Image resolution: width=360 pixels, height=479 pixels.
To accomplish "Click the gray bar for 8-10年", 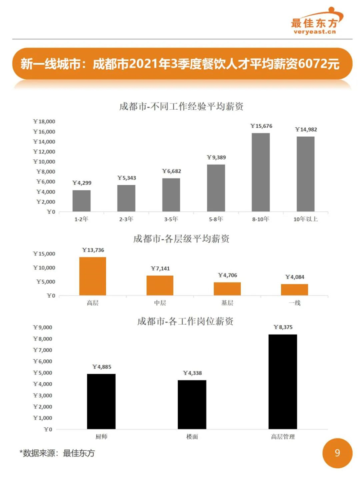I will tap(261, 172).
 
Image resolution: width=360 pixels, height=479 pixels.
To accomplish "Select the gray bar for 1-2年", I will tap(81, 201).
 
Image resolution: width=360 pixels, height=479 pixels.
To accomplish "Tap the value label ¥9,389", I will tap(216, 157).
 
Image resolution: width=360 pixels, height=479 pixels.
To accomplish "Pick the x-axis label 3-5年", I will tap(171, 219).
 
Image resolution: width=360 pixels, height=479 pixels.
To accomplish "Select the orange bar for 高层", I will tap(93, 276).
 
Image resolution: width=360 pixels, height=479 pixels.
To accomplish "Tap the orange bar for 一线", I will tap(294, 290).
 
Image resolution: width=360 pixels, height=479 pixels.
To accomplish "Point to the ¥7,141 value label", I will tap(160, 269).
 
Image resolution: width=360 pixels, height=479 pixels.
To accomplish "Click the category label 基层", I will tap(227, 303).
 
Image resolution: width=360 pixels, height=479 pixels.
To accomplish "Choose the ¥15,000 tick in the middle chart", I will tap(44, 254).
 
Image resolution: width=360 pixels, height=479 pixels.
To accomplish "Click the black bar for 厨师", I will tap(101, 401).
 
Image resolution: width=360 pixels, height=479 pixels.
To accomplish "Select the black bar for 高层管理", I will tap(283, 382).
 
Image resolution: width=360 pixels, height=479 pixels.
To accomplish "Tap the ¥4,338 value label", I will tap(192, 373).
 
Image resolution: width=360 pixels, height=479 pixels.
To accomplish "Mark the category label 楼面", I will tap(192, 437).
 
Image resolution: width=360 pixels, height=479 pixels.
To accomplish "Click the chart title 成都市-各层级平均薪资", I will tap(181, 239).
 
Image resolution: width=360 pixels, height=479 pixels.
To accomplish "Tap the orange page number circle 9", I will tap(337, 453).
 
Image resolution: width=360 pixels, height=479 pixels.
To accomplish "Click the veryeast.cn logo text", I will tap(315, 31).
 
